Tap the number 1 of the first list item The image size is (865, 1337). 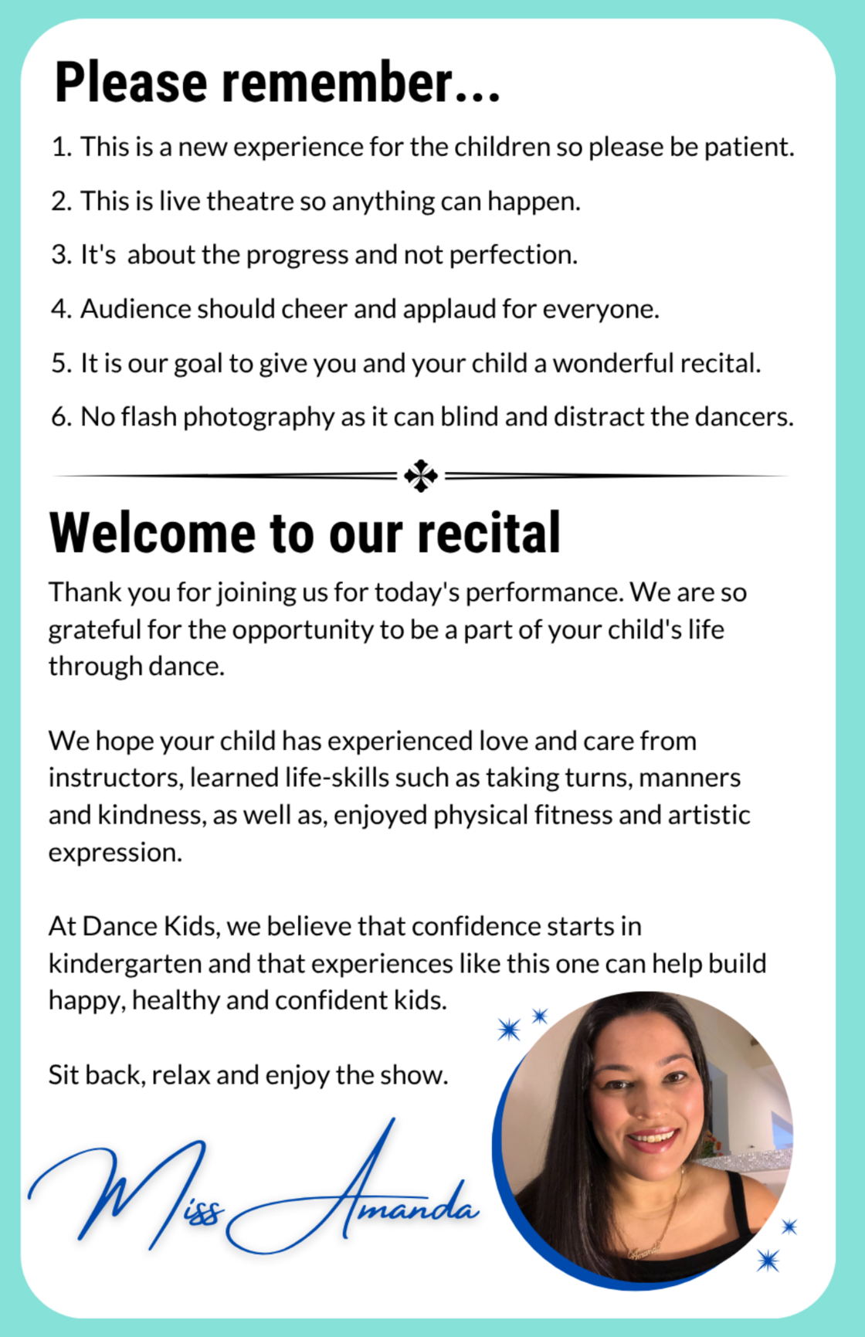point(59,147)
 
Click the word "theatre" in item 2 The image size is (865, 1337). point(250,201)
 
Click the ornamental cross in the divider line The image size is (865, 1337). point(421,476)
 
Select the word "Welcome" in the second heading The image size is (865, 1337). point(153,534)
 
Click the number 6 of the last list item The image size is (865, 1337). point(59,418)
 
